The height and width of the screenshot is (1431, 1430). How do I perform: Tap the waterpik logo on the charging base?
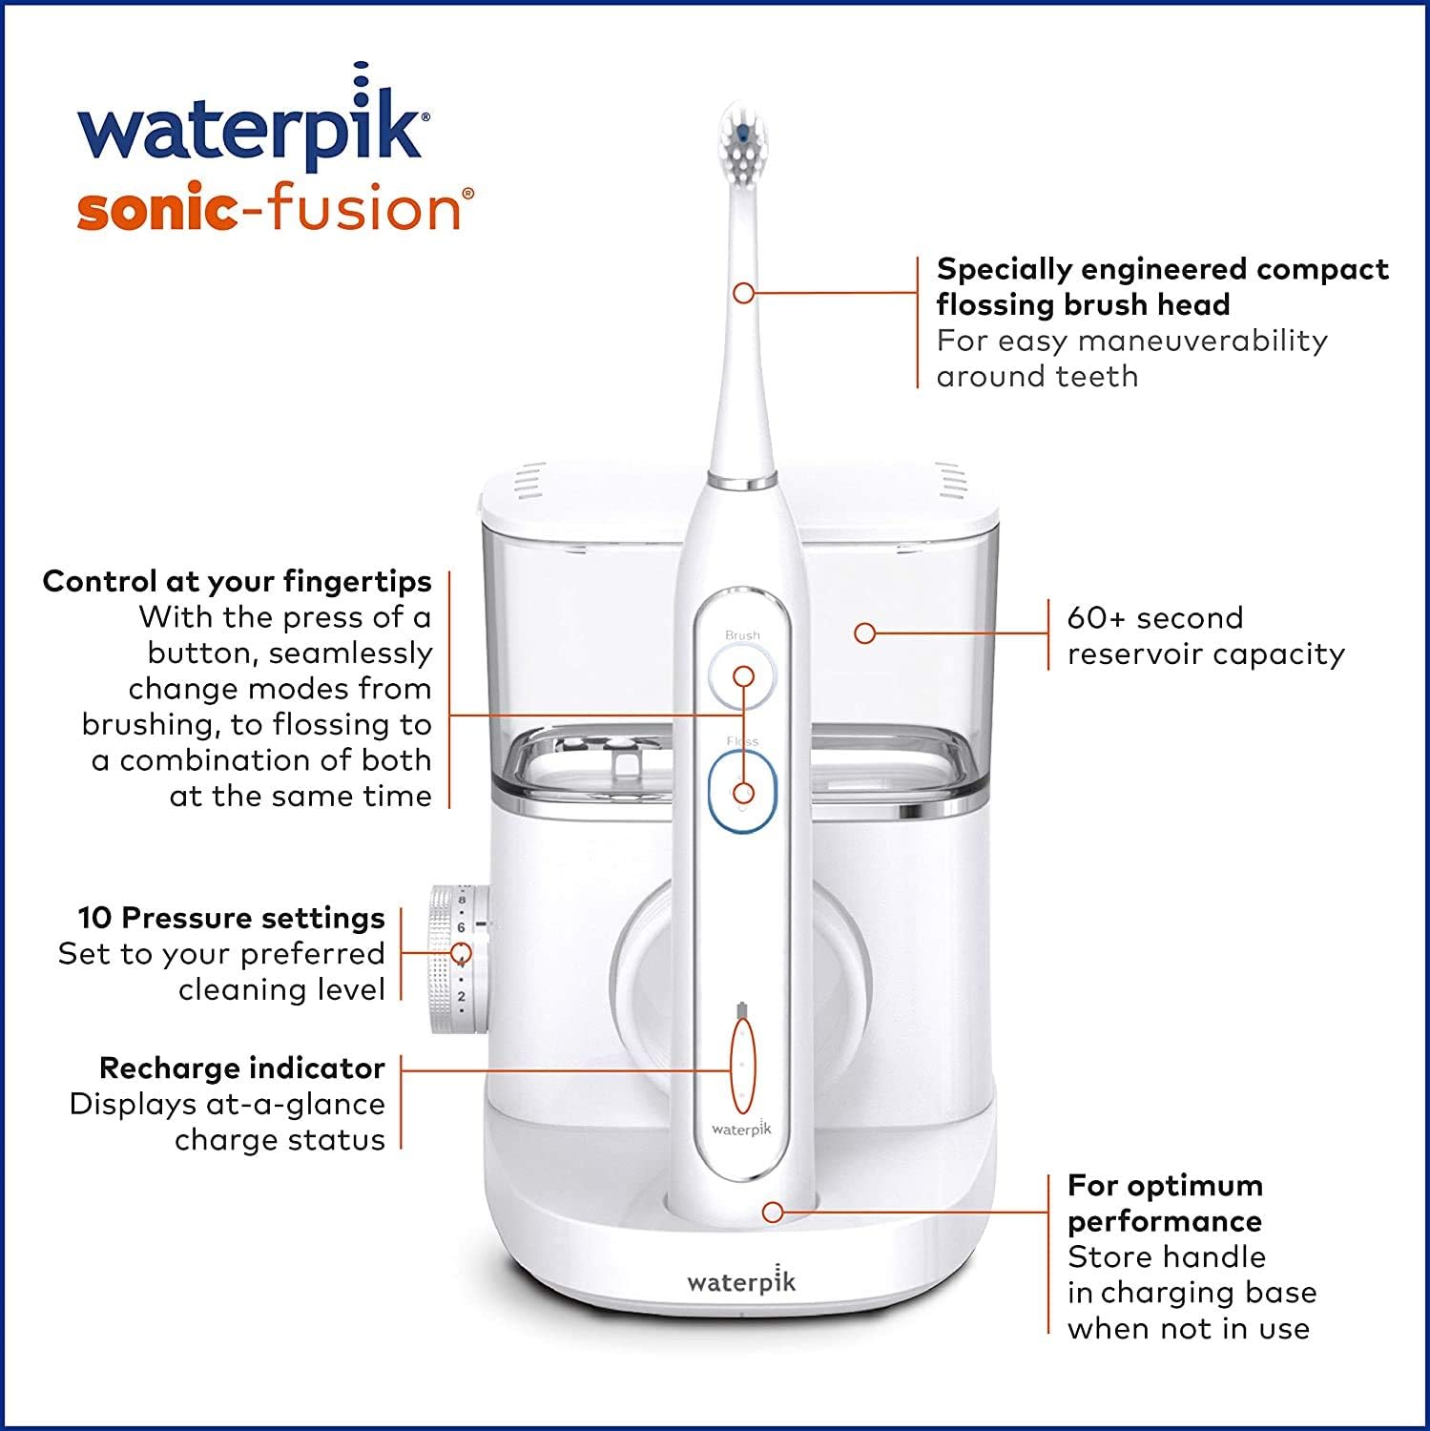(741, 1280)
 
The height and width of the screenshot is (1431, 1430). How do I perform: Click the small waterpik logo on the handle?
(741, 1129)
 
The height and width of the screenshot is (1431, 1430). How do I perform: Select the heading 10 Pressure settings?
(232, 918)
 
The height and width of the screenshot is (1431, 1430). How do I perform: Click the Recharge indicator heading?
(242, 1068)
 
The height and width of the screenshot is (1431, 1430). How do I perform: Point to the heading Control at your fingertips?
(238, 581)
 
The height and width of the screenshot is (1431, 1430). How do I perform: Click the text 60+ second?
(1155, 617)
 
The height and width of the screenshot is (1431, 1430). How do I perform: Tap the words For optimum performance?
(1165, 1203)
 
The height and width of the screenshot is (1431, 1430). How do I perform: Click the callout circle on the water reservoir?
(864, 633)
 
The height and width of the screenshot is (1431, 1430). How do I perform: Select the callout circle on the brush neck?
(743, 293)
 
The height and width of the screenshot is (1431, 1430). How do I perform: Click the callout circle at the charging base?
(773, 1213)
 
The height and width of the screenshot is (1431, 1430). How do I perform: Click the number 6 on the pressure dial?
(461, 926)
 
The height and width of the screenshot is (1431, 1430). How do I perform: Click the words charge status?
(280, 1139)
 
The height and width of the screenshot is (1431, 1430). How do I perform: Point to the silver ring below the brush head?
(741, 480)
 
